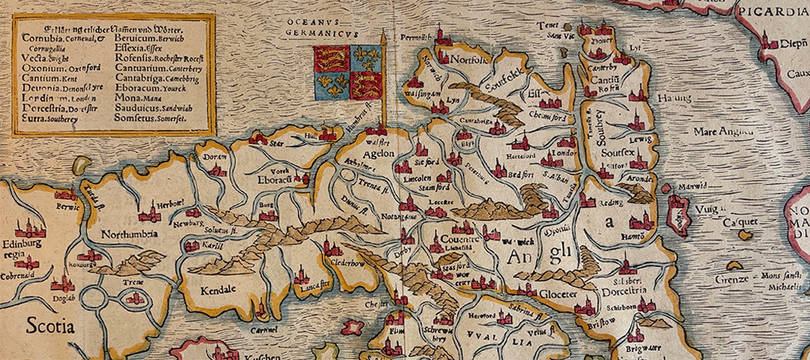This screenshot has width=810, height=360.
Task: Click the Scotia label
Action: click(x=51, y=326)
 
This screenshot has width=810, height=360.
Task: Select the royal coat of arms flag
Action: click(x=348, y=72)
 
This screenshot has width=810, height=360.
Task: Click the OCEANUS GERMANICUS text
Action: click(x=323, y=27)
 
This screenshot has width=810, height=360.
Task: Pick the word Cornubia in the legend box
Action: click(x=43, y=38)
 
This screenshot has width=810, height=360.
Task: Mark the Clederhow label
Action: click(x=347, y=263)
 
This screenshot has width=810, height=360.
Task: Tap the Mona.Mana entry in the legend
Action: click(x=139, y=97)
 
